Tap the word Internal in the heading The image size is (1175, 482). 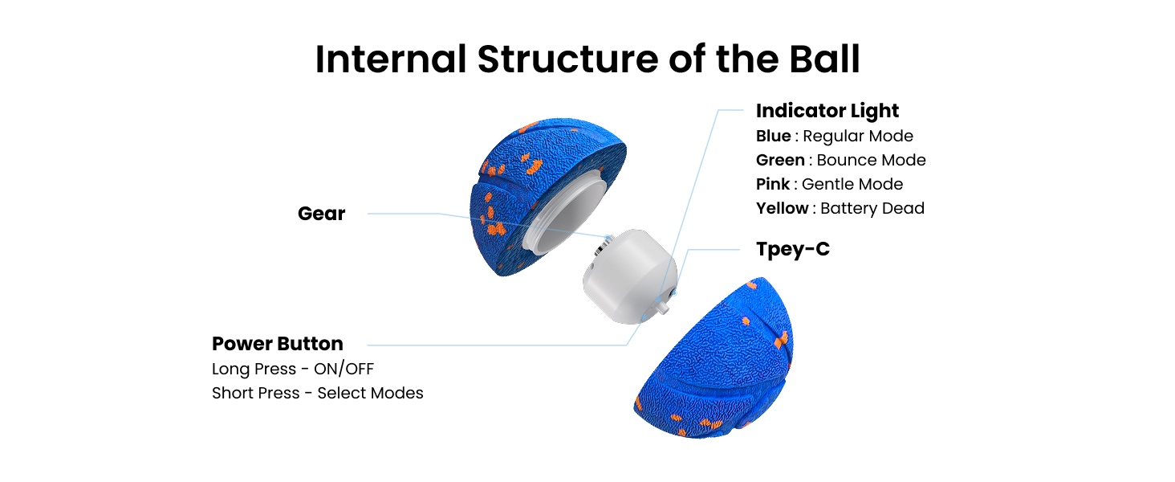point(390,59)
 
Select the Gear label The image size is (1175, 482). point(321,214)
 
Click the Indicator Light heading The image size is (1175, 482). point(827,111)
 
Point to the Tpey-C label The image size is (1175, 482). point(793,249)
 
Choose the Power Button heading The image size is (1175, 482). point(277,344)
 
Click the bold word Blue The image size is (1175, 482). point(773,136)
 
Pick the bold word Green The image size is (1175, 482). point(780,160)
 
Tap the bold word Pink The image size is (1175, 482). point(772,184)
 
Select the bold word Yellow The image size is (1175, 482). point(782,208)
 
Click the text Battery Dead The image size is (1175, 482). point(872,208)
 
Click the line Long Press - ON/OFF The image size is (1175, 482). point(293,369)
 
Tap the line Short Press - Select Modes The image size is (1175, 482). point(317,393)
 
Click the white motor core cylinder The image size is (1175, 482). point(626,277)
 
